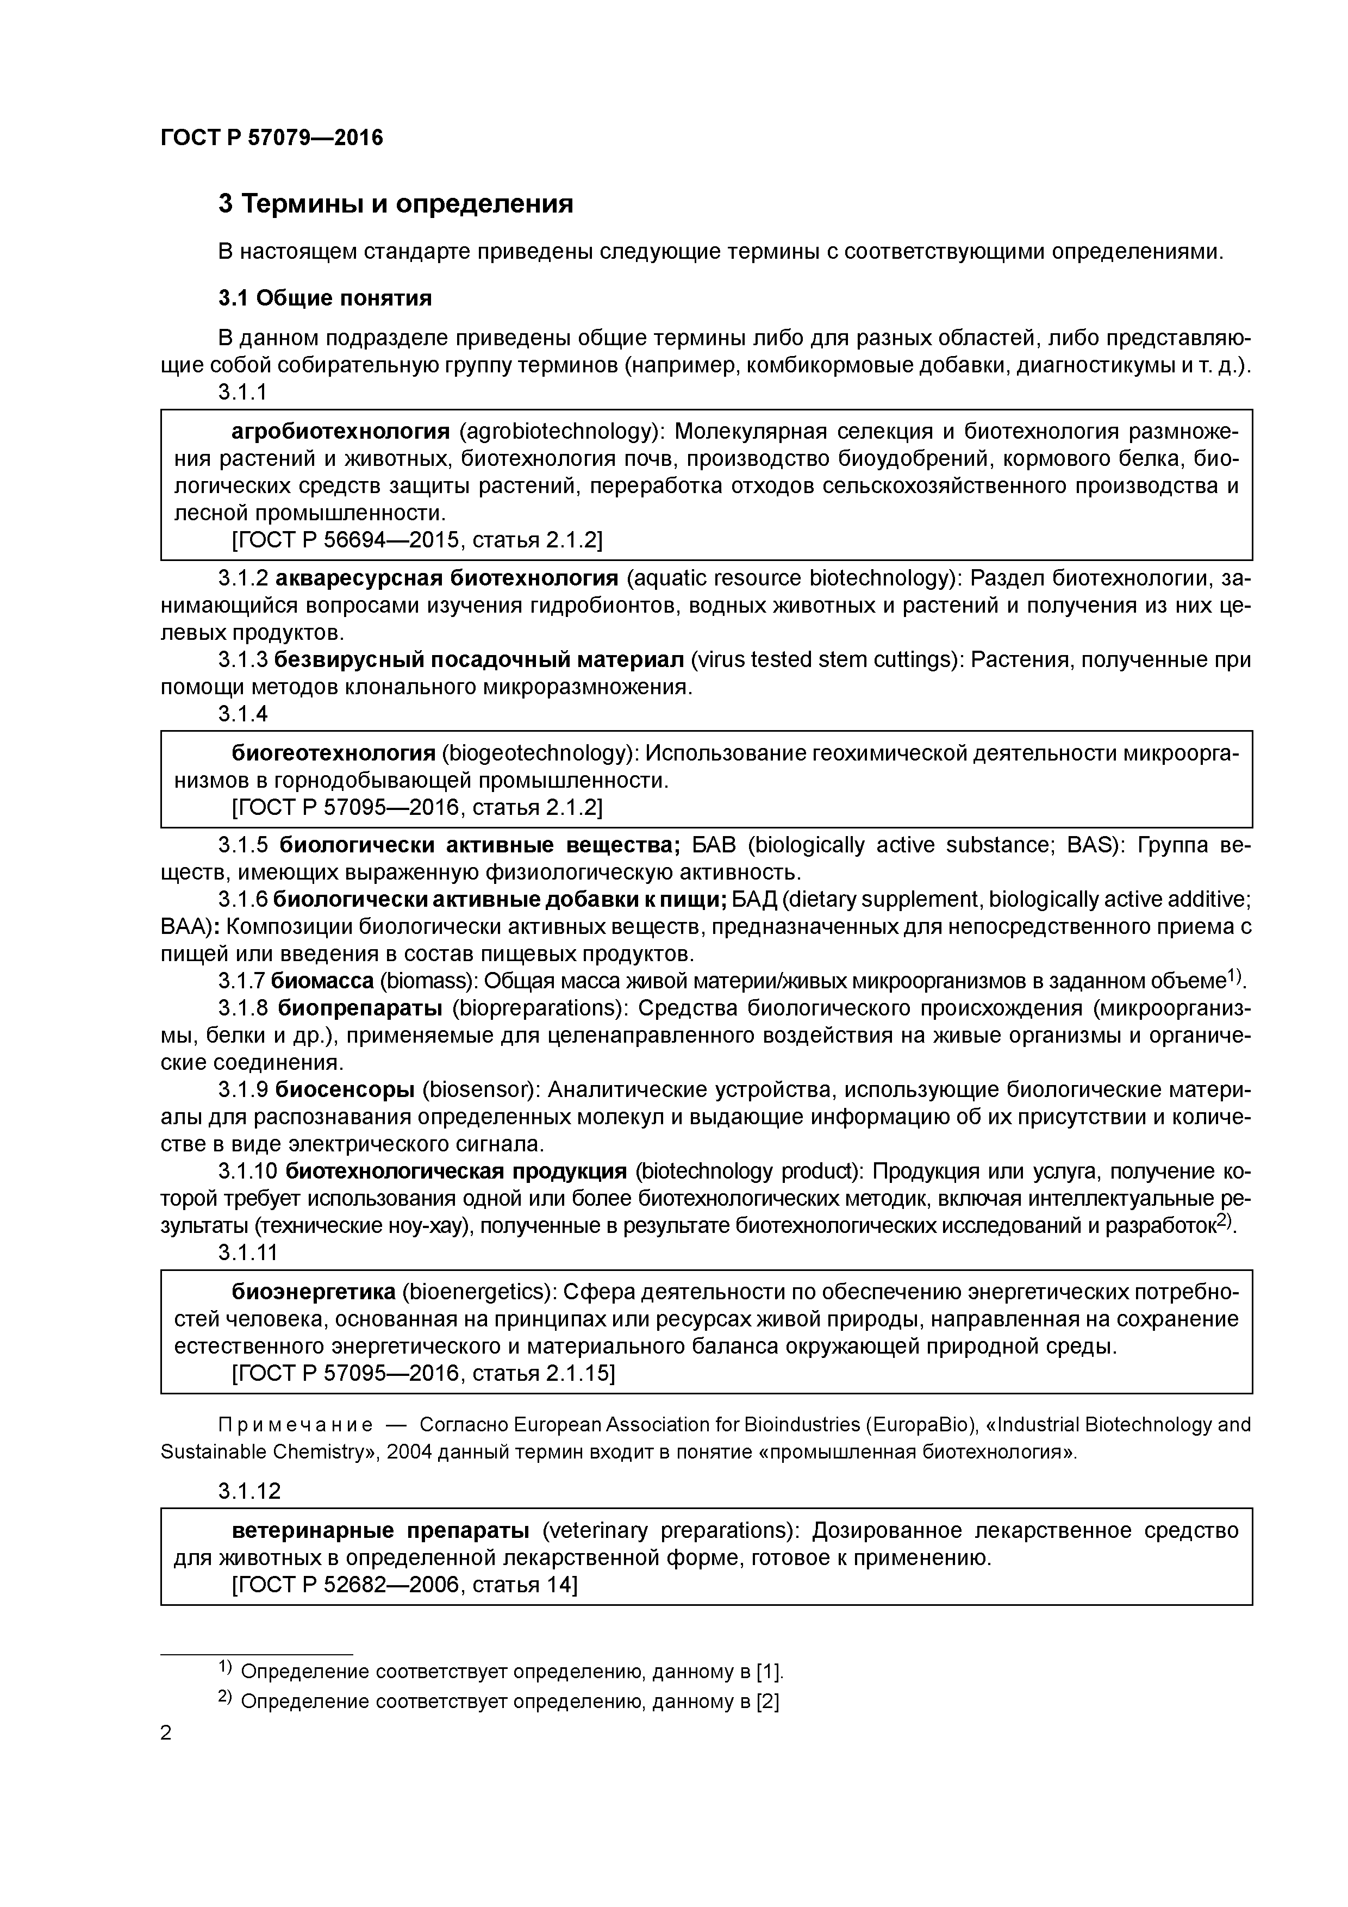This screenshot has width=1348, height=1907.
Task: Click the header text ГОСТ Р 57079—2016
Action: pyautogui.click(x=272, y=138)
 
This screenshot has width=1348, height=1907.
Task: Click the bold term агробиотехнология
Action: pyautogui.click(x=340, y=431)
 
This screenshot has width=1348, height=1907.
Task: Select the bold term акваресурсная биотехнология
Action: pyautogui.click(x=447, y=577)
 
